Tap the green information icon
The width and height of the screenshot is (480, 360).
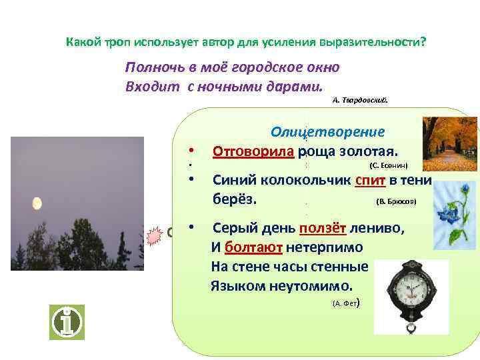[x=67, y=323]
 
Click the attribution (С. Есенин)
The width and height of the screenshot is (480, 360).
[x=387, y=165]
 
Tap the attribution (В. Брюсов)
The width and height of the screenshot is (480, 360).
[x=396, y=200]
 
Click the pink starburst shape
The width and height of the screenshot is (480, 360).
[x=155, y=235]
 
